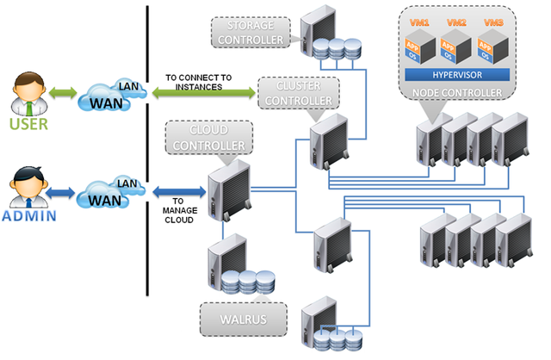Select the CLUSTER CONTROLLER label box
coord(297,94)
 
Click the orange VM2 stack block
coord(451,49)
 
